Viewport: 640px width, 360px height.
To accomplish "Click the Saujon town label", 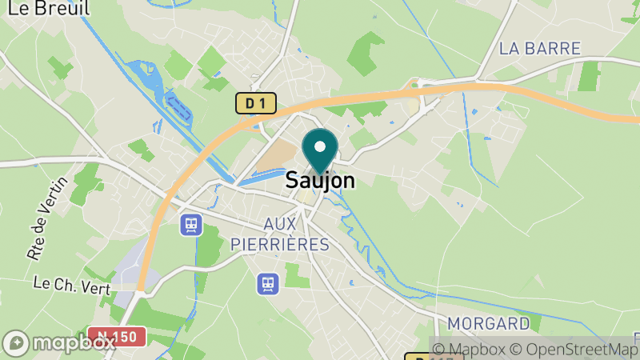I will coord(320,181).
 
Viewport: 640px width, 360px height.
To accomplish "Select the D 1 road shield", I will coord(255,102).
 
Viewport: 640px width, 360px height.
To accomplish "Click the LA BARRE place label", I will coord(539,49).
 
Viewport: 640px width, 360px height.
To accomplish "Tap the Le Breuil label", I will coord(45,8).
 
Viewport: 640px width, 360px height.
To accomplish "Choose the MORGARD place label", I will coord(489,324).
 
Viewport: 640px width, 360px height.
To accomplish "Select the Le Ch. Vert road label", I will coord(71,286).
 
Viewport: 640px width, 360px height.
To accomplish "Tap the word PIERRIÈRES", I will coord(279,244).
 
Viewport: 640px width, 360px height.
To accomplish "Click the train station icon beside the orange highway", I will coord(191,225).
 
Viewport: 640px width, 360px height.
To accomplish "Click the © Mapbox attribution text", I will coord(470,349).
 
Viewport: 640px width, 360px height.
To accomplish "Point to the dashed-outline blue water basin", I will coord(177,106).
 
